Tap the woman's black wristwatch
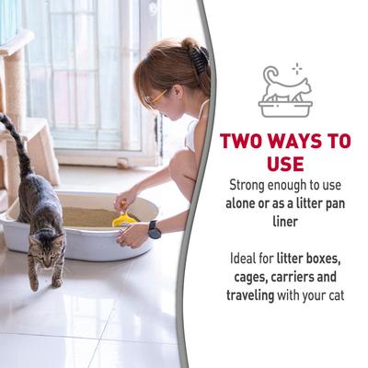[x=155, y=229]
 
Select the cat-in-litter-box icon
[x=285, y=93]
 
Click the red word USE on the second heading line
[x=285, y=163]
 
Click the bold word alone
[x=247, y=202]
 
